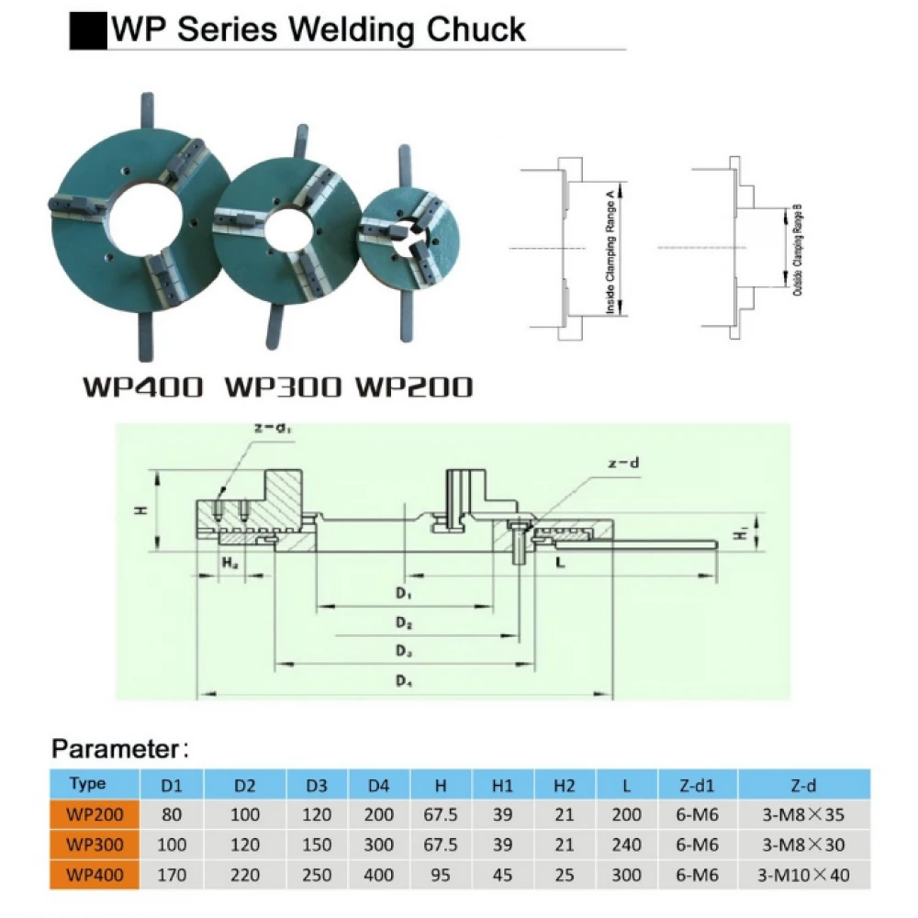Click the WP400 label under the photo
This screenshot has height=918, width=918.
click(142, 386)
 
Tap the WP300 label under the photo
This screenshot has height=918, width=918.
click(285, 386)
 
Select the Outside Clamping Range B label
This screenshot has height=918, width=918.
click(796, 248)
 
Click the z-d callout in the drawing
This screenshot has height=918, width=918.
click(623, 465)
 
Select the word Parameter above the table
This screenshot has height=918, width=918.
click(113, 748)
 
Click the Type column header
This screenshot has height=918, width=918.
click(87, 784)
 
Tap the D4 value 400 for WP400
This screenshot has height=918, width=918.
click(379, 874)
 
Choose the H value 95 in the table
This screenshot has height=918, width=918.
click(442, 874)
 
